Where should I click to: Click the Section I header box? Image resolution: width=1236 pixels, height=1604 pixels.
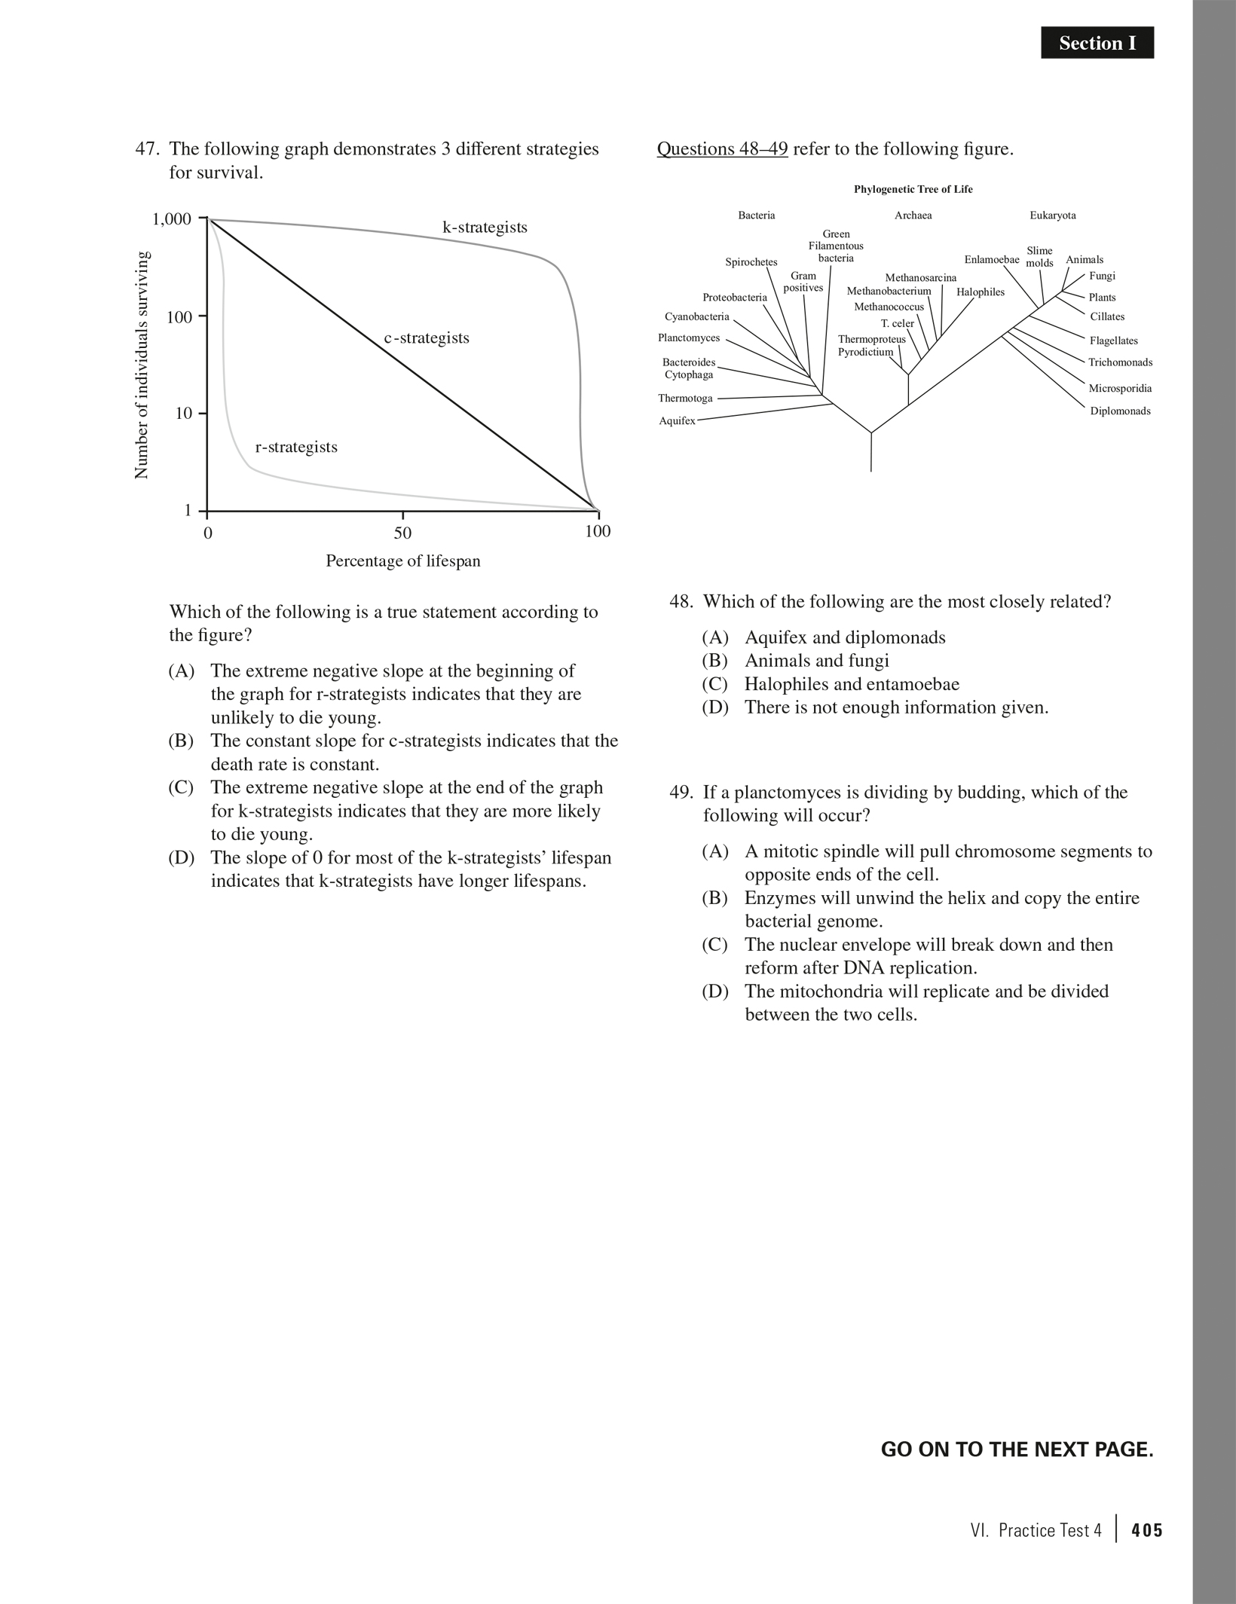pyautogui.click(x=1097, y=43)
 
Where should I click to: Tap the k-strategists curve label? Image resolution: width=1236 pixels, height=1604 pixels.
pyautogui.click(x=485, y=227)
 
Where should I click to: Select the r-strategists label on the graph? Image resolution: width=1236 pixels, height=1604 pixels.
pyautogui.click(x=296, y=447)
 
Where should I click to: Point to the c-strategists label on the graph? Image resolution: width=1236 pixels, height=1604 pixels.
pyautogui.click(x=427, y=338)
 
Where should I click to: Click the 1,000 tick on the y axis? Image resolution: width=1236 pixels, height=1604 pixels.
pyautogui.click(x=172, y=219)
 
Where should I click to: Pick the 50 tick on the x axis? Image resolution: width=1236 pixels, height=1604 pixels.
pyautogui.click(x=402, y=533)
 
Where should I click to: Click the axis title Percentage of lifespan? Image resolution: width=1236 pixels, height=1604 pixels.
pyautogui.click(x=402, y=561)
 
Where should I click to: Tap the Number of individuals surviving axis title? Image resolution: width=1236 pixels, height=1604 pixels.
pyautogui.click(x=141, y=365)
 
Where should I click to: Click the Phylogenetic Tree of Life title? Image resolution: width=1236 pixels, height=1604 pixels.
pyautogui.click(x=913, y=189)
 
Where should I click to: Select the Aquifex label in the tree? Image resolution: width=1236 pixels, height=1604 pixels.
pyautogui.click(x=677, y=420)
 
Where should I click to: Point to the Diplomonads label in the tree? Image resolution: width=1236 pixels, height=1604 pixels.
pyautogui.click(x=1120, y=411)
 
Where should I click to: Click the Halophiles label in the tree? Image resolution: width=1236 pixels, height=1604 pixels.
pyautogui.click(x=980, y=292)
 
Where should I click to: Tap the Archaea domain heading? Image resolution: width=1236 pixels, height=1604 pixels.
pyautogui.click(x=913, y=215)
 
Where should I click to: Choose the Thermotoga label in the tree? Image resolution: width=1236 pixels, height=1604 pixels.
pyautogui.click(x=685, y=398)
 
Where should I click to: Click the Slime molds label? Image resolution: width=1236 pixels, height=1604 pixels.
pyautogui.click(x=1039, y=257)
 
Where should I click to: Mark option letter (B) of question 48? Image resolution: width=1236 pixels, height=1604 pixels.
pyautogui.click(x=715, y=661)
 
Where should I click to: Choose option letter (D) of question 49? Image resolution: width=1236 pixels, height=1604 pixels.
pyautogui.click(x=715, y=991)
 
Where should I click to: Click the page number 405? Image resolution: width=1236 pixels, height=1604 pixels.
pyautogui.click(x=1146, y=1530)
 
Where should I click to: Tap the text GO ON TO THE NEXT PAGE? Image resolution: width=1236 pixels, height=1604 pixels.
pyautogui.click(x=1017, y=1450)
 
